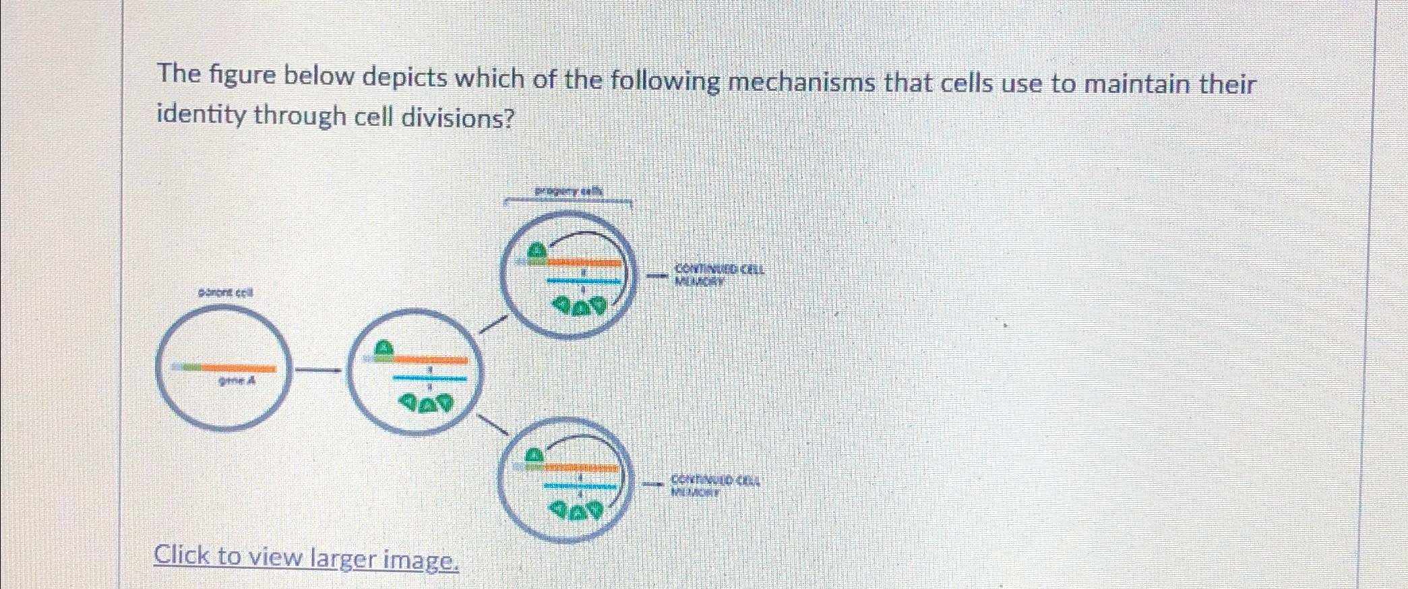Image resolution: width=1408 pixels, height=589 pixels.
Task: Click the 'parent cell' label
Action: [x=225, y=293]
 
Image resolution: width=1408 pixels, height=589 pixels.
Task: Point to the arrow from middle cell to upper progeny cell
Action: [x=492, y=323]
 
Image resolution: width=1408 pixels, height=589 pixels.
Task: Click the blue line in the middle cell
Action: [x=429, y=378]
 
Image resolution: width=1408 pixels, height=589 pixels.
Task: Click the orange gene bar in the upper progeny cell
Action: [x=583, y=263]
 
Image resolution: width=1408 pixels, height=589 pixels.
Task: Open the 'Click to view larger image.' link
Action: [x=306, y=558]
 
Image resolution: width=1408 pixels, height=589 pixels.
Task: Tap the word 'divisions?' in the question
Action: [x=458, y=119]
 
